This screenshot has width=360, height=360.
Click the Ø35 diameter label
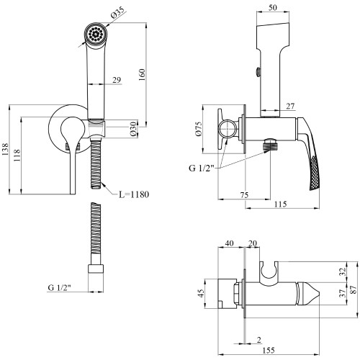coord(118,13)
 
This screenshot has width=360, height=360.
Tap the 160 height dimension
coord(142,75)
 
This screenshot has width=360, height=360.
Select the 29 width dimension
coord(117,80)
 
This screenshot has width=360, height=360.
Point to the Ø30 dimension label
coord(133,128)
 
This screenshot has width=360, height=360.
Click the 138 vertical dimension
coord(5,149)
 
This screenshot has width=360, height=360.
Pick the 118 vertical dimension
coord(17,156)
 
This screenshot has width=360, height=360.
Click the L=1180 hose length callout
coord(134,194)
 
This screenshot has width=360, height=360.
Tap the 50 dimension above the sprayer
coord(273,8)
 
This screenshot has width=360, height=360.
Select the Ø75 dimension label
coord(199,129)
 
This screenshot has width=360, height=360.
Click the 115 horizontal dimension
coord(280,204)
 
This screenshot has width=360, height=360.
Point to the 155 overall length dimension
coord(269,350)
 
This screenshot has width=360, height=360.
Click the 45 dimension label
coord(201,293)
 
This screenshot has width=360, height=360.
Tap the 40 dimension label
coord(229,243)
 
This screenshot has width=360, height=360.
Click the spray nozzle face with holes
coord(96,34)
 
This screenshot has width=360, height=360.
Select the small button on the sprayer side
coord(258,72)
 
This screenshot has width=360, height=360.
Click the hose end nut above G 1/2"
coord(96,269)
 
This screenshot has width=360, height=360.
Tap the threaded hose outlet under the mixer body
coord(270,145)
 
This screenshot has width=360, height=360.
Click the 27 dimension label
coord(290,106)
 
